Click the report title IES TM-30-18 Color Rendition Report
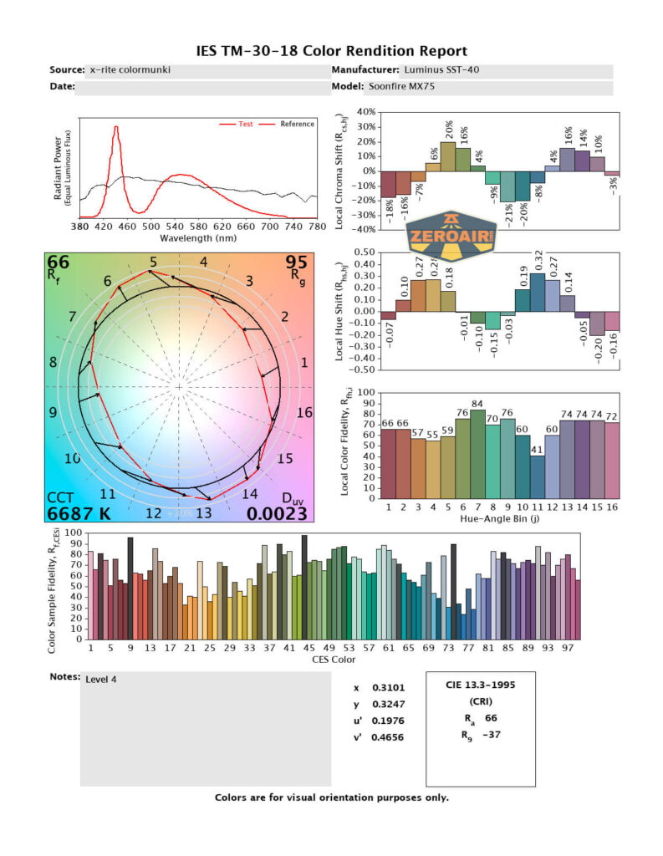tap(331, 51)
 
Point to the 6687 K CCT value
tap(79, 512)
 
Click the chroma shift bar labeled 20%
tap(447, 156)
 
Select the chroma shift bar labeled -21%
tap(507, 186)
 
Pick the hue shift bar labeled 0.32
tap(537, 292)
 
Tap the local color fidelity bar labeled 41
tap(537, 476)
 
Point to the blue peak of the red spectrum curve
tap(116, 128)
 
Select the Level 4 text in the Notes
tap(101, 679)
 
